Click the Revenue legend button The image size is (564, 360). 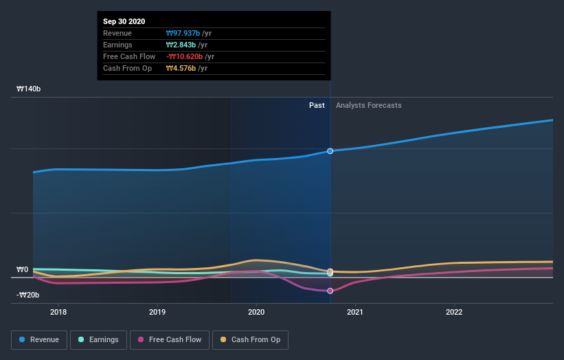38,339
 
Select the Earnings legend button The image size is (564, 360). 98,339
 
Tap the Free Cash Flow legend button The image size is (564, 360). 169,339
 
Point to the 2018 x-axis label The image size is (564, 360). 58,312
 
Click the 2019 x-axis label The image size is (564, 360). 157,312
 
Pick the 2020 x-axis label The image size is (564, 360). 256,312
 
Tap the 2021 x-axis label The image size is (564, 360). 355,312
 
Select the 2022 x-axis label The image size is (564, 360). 454,312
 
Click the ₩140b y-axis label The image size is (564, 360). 29,89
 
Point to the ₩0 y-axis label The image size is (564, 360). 22,269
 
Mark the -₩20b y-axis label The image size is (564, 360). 27,295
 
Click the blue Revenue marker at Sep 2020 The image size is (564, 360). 330,150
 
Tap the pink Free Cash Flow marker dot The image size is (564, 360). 330,291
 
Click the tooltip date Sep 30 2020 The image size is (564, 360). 124,22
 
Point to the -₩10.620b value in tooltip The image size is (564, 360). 184,56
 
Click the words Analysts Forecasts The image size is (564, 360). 368,105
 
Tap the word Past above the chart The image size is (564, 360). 317,105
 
